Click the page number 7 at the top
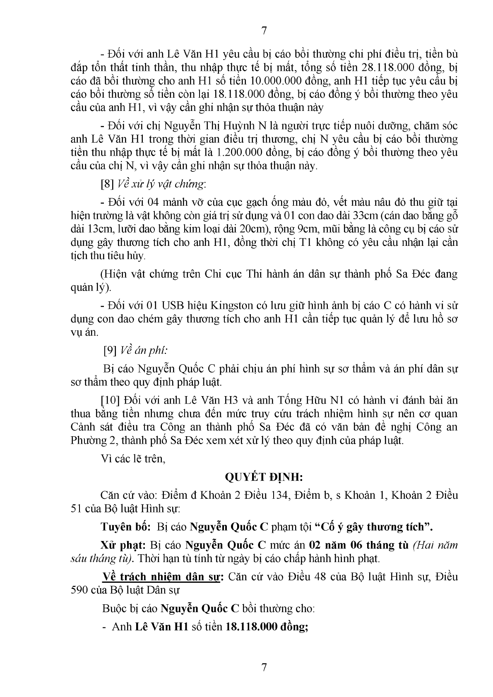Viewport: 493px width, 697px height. click(265, 30)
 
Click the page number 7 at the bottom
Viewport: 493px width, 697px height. click(265, 667)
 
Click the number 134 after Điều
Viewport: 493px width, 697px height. click(279, 495)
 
